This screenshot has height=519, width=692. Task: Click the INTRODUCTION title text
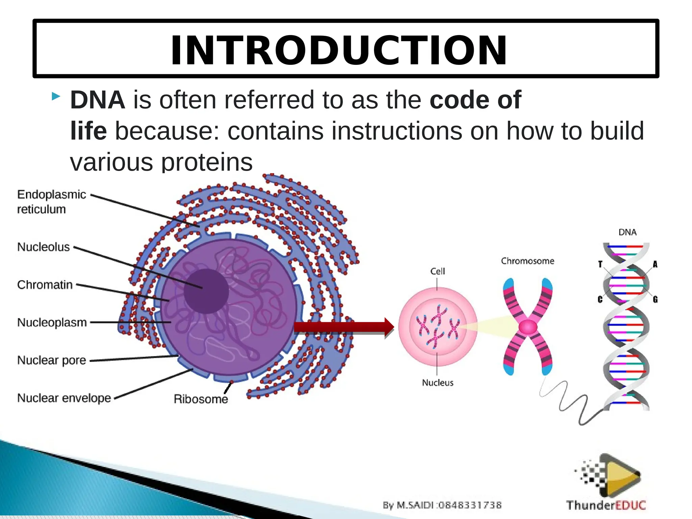(x=339, y=51)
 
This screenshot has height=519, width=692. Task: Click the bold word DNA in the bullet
(x=97, y=100)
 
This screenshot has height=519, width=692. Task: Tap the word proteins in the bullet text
(x=206, y=163)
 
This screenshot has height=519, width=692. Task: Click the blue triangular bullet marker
(x=56, y=97)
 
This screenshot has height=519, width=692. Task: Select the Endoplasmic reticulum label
(x=51, y=202)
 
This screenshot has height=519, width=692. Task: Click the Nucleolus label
(x=43, y=247)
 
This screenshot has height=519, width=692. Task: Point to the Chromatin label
(x=45, y=285)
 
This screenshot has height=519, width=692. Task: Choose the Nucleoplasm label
(x=52, y=322)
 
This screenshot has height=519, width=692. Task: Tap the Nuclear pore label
(x=51, y=360)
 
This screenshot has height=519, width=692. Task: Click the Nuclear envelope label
(x=64, y=398)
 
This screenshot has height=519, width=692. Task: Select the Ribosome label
(x=201, y=399)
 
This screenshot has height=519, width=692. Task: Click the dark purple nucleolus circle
(x=206, y=291)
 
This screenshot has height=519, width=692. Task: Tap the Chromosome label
(x=527, y=261)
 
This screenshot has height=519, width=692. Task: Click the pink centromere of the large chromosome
(x=528, y=327)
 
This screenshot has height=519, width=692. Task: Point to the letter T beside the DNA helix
(x=600, y=264)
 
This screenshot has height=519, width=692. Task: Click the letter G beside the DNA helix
(x=655, y=299)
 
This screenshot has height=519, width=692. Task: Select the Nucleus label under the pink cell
(x=438, y=382)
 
